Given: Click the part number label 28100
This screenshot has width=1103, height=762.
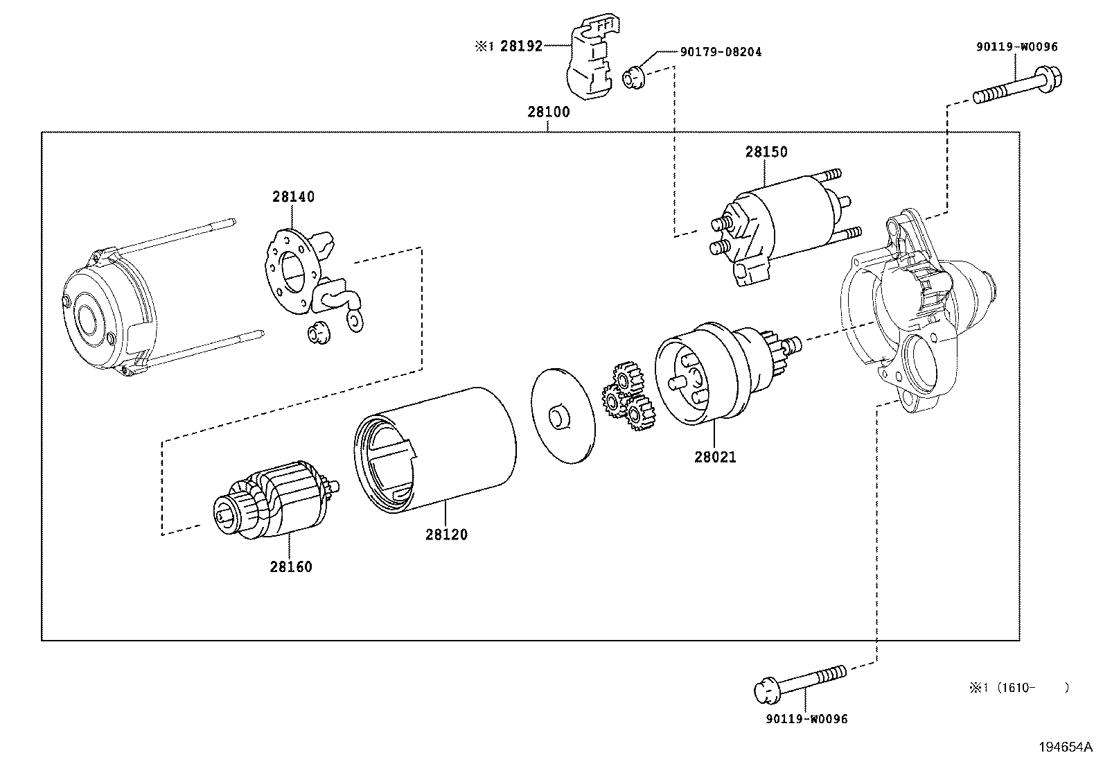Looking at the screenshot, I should click(x=548, y=112).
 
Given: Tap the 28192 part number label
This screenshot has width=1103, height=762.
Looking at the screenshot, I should click(x=521, y=47).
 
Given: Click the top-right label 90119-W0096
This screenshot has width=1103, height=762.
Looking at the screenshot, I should click(x=1016, y=47).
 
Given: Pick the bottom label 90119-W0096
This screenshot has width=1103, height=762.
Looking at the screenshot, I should click(x=806, y=719).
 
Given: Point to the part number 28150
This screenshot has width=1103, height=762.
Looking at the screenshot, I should click(x=766, y=152).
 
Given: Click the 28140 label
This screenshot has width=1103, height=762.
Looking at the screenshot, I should click(x=293, y=197).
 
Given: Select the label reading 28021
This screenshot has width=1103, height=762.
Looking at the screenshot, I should click(x=716, y=457).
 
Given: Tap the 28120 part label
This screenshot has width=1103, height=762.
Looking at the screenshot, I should click(x=446, y=535).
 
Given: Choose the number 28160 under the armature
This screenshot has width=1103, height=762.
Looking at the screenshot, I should click(x=291, y=566).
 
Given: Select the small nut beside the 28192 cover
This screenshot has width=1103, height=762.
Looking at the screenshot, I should click(x=633, y=76).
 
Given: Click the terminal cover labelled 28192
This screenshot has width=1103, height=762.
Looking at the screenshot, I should click(x=589, y=62).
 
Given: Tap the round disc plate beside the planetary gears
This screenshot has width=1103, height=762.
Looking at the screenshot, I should click(x=563, y=416).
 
